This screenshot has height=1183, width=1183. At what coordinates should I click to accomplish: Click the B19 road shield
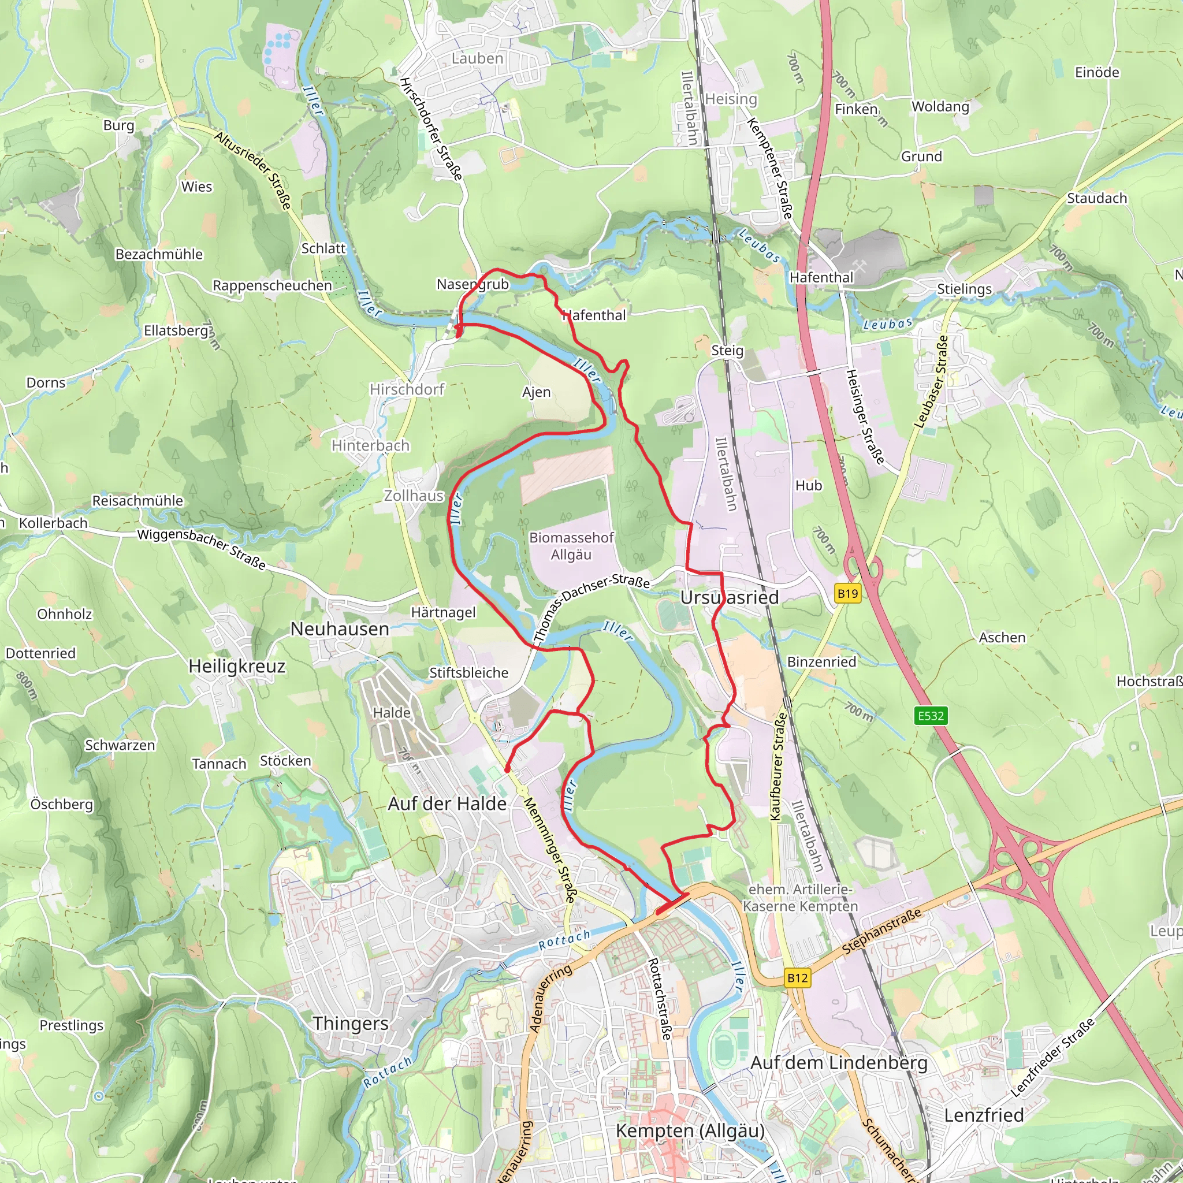coord(847,593)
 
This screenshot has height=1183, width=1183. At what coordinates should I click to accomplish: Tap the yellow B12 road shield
coord(797,978)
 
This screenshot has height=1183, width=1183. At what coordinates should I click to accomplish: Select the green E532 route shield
coord(931,716)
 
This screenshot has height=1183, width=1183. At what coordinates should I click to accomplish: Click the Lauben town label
coord(477,59)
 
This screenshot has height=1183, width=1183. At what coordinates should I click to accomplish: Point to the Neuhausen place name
coord(340,629)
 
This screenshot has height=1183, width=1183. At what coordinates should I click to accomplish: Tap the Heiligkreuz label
coord(237,666)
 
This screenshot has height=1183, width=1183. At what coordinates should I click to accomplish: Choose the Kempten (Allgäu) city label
coord(690,1131)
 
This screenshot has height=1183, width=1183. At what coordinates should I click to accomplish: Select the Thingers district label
coord(351,1023)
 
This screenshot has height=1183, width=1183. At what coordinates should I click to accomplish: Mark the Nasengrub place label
coord(473,284)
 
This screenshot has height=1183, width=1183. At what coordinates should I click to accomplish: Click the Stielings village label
coord(965,288)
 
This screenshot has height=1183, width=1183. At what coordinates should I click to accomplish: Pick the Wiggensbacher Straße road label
coord(202,549)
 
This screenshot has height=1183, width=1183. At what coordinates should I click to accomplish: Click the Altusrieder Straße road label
coord(252,170)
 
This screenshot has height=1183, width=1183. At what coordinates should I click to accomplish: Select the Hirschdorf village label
coord(407,389)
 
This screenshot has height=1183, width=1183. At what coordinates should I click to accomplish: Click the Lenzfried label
coord(983,1115)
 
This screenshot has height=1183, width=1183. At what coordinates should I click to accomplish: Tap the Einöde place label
coord(1098,72)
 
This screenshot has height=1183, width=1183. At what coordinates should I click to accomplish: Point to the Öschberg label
coord(62,804)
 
